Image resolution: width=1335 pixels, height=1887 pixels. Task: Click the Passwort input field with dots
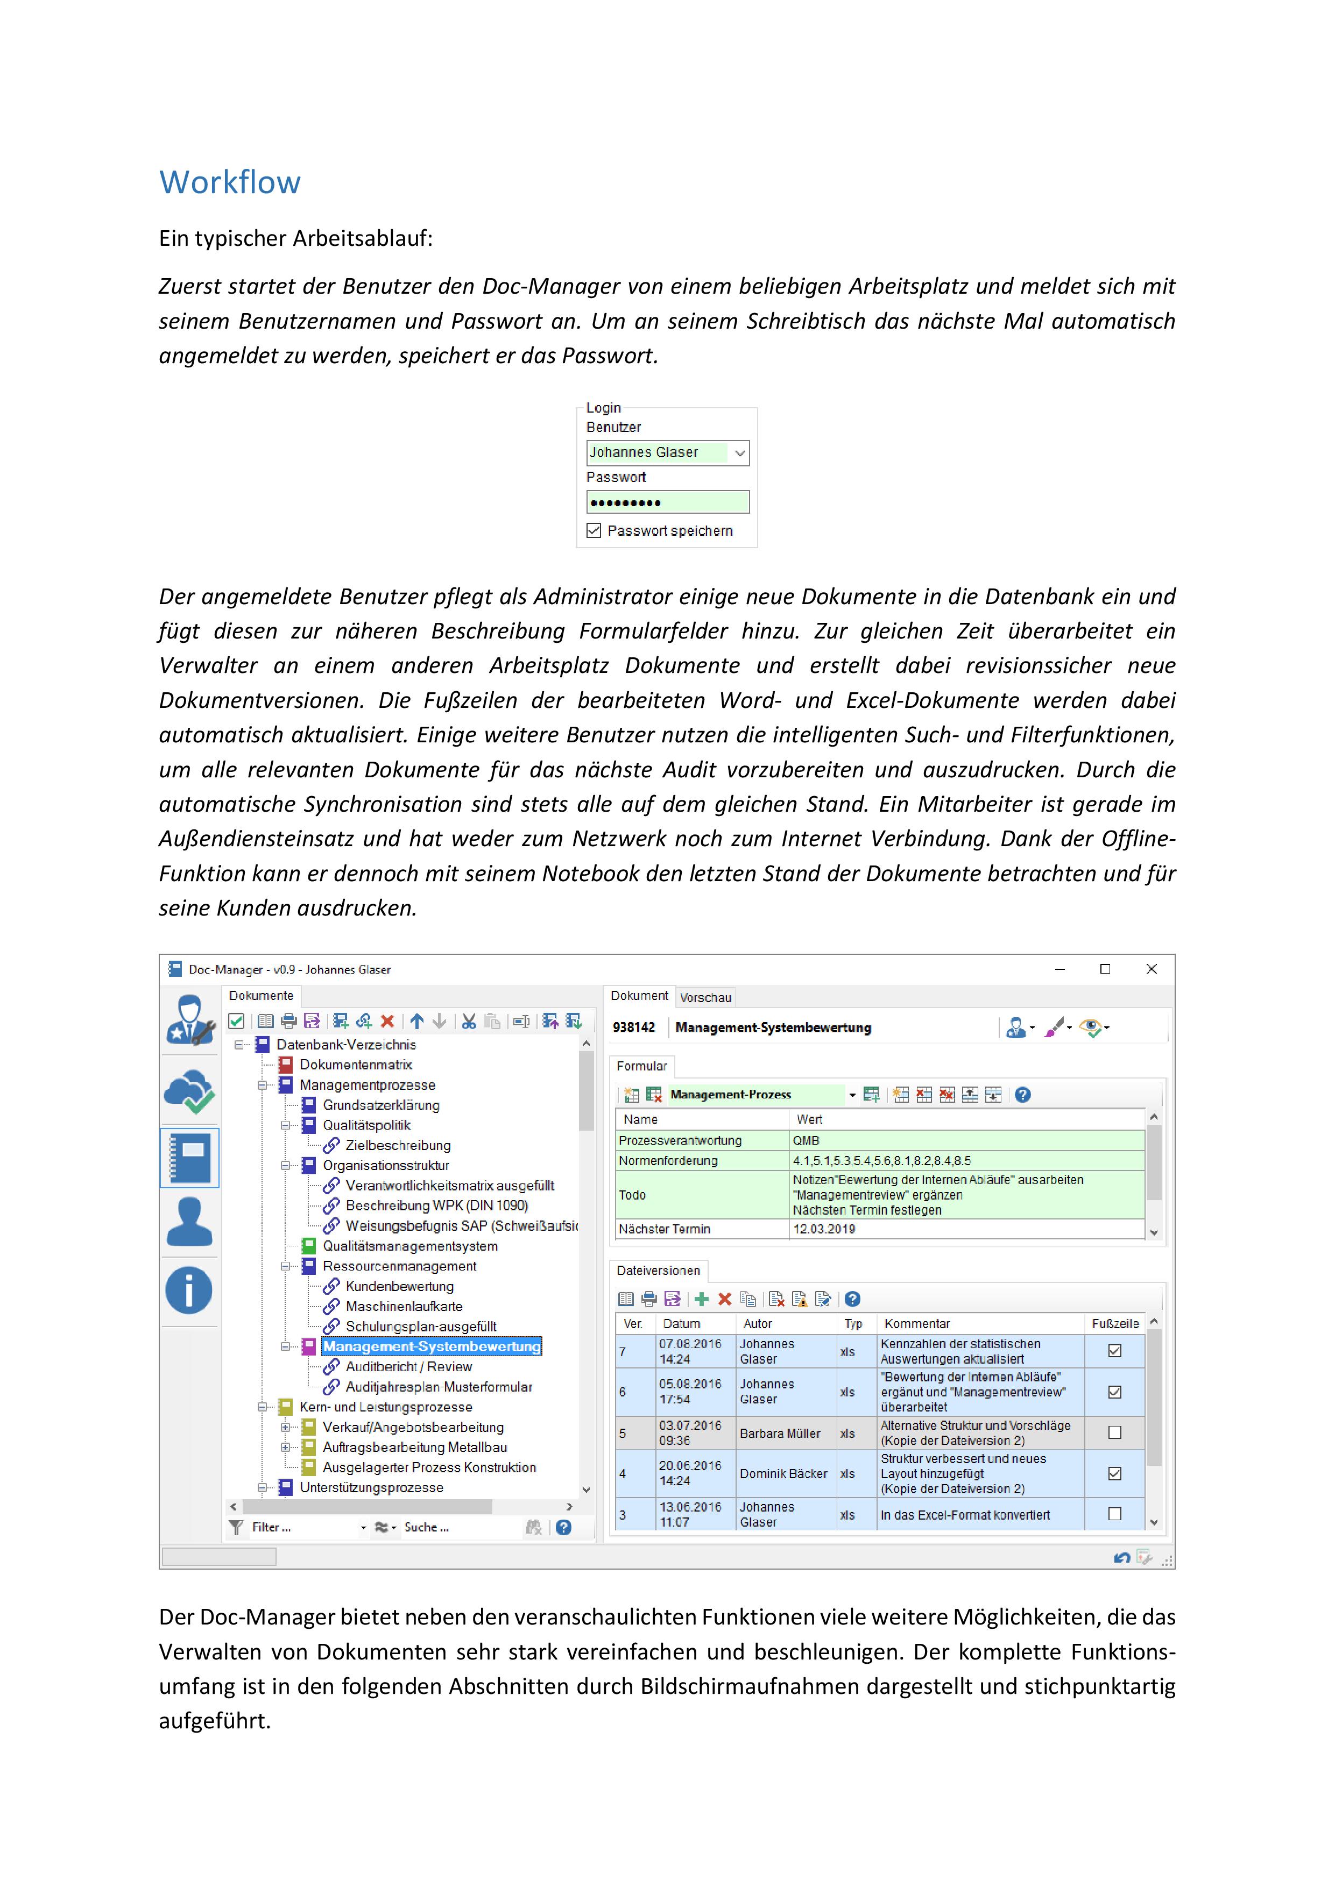pyautogui.click(x=667, y=502)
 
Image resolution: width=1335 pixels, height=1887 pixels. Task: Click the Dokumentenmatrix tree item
pyautogui.click(x=355, y=1065)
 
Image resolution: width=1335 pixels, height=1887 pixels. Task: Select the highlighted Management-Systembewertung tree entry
pyautogui.click(x=432, y=1346)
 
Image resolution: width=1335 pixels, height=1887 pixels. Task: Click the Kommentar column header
pyautogui.click(x=916, y=1323)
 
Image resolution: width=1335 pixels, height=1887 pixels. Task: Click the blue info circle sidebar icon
pyautogui.click(x=189, y=1290)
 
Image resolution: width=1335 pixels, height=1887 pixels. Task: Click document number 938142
pyautogui.click(x=634, y=1027)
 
